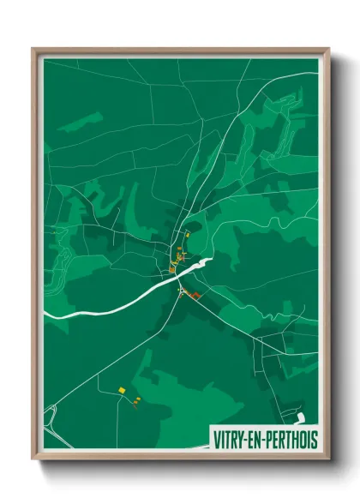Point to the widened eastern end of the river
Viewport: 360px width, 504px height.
click(202, 262)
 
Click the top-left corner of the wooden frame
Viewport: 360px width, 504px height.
click(34, 50)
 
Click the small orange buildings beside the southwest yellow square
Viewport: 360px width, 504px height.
click(135, 400)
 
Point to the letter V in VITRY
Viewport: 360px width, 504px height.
click(215, 440)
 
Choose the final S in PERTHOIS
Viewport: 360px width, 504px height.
click(314, 440)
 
